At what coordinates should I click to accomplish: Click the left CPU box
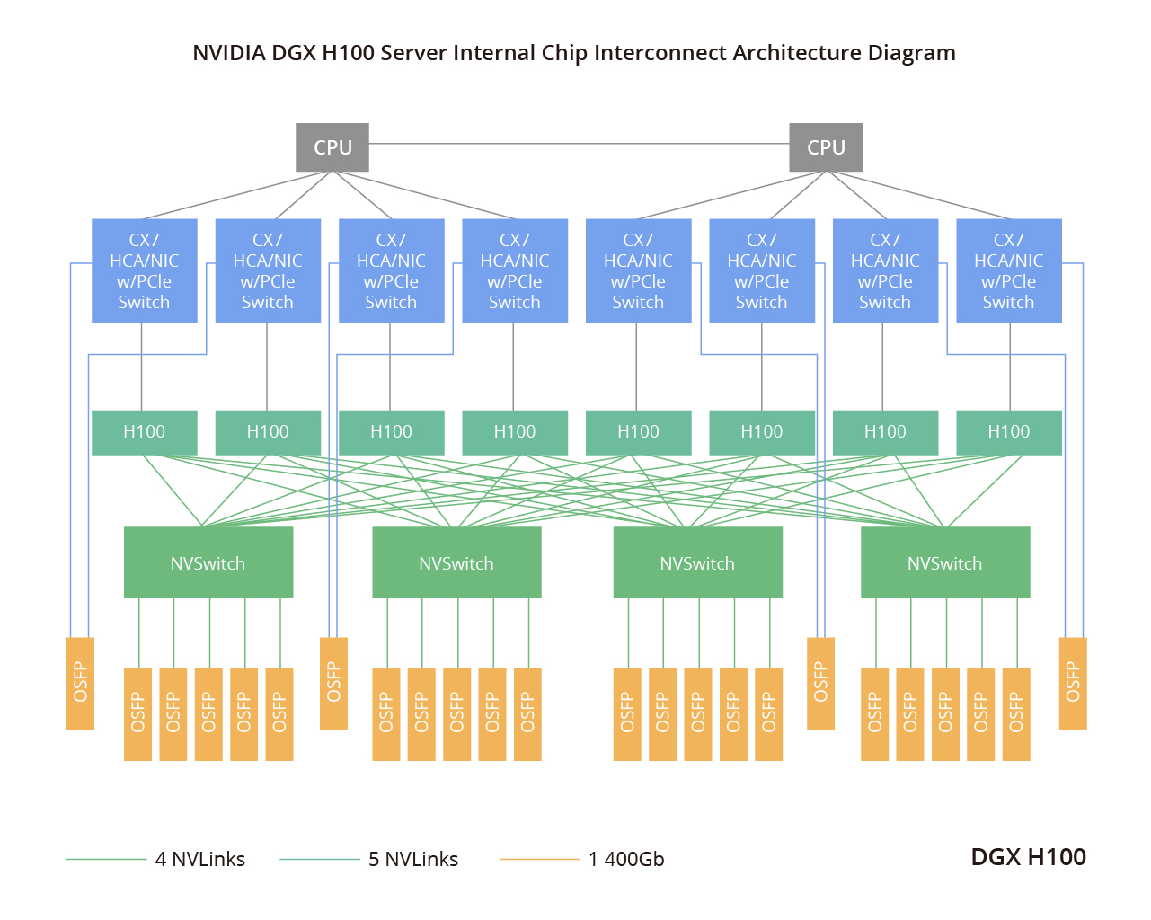point(332,147)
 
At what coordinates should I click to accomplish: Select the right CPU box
point(826,147)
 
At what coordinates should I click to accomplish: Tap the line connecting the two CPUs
point(579,144)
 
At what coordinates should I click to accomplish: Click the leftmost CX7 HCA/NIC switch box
point(144,270)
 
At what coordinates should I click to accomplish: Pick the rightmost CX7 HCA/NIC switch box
point(1008,270)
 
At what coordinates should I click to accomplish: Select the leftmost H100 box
point(144,432)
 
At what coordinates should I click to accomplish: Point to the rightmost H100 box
point(1008,432)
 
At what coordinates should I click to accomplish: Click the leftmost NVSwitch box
point(208,562)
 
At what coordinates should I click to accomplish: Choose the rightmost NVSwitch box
point(944,562)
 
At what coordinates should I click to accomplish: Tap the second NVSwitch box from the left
point(456,562)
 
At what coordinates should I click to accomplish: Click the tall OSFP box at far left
point(80,683)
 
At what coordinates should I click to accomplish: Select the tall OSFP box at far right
point(1073,683)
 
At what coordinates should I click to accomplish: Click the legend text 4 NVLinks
point(199,859)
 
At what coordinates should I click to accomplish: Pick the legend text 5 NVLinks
point(413,859)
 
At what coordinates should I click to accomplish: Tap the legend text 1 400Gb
point(626,859)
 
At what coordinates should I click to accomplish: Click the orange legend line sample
point(539,860)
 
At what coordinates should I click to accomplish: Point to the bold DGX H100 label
point(1028,856)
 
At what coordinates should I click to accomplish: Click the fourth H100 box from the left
point(515,432)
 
